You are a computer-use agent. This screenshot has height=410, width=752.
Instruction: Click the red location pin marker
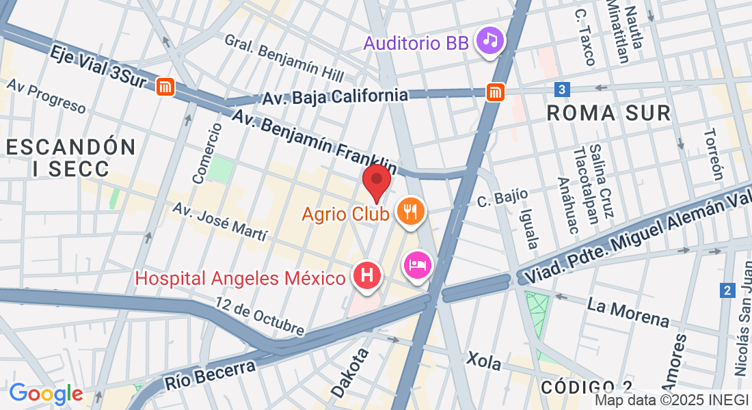pos(376,180)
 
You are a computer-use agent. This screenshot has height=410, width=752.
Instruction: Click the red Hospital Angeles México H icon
pos(366,275)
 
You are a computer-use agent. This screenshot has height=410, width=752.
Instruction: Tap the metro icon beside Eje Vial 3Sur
pos(164,87)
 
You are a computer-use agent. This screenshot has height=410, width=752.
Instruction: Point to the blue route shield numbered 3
pos(561,90)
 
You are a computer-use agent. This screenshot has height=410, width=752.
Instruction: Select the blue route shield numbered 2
pos(727,291)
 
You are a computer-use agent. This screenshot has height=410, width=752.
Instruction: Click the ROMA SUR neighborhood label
pos(609,113)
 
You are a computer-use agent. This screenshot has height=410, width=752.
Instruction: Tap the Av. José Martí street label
pos(219,222)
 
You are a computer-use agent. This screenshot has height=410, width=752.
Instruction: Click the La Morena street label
pos(628,313)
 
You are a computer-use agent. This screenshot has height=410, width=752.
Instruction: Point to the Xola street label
pos(484,360)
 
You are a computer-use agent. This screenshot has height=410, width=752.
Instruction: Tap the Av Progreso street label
pos(46,96)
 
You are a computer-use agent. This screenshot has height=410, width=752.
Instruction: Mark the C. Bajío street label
pos(502,198)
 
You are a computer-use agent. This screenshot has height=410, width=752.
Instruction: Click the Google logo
pos(46,394)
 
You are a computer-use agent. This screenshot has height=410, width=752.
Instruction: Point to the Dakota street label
pos(350,372)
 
